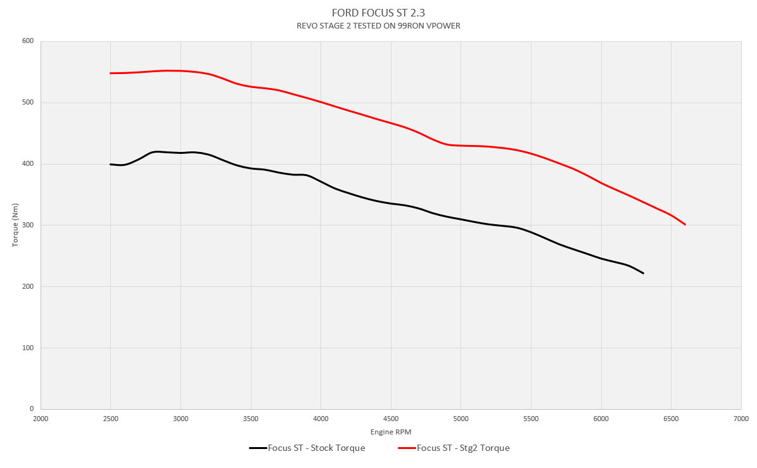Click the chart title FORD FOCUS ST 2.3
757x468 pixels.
pyautogui.click(x=378, y=13)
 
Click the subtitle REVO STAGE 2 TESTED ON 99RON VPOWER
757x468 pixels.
pyautogui.click(x=378, y=26)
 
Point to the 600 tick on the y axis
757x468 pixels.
pyautogui.click(x=29, y=41)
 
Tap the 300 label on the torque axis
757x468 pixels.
pyautogui.click(x=29, y=225)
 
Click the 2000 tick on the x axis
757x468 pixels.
pyautogui.click(x=41, y=419)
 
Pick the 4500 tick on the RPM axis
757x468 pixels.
pyautogui.click(x=391, y=419)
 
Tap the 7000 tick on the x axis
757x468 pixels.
pyautogui.click(x=741, y=419)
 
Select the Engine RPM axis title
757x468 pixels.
pyautogui.click(x=391, y=431)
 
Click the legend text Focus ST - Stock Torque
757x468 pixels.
pyautogui.click(x=316, y=448)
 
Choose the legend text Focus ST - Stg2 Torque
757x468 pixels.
pyautogui.click(x=463, y=448)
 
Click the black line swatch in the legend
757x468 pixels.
pyautogui.click(x=258, y=448)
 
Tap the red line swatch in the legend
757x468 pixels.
pyautogui.click(x=407, y=448)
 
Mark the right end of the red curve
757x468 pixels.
pyautogui.click(x=685, y=224)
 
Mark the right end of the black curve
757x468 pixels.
pyautogui.click(x=643, y=273)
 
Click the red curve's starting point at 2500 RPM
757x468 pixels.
pyautogui.click(x=111, y=73)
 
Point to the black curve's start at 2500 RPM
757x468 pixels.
pyautogui.click(x=111, y=164)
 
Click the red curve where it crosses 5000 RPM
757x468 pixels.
pyautogui.click(x=461, y=146)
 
